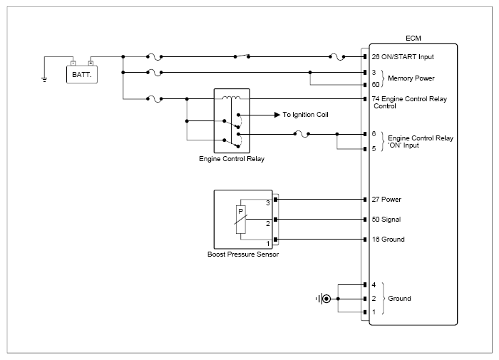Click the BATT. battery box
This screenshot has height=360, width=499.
82,74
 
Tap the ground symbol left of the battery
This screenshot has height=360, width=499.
44,79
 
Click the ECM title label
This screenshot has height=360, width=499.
413,38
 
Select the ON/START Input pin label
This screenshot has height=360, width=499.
403,56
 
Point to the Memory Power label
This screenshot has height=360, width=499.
411,78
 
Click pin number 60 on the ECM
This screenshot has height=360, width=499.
376,84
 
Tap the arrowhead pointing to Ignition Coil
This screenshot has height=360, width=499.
277,115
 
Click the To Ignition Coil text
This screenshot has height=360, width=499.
306,115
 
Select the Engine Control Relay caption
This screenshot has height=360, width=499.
232,158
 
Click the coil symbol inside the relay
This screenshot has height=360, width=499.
232,98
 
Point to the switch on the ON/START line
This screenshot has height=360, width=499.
242,56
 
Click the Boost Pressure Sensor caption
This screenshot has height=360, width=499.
243,254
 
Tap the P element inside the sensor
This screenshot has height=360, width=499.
241,220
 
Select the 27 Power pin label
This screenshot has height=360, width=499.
386,200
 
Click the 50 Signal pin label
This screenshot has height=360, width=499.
386,220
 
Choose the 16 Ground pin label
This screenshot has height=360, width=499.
389,239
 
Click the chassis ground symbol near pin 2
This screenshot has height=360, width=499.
324,299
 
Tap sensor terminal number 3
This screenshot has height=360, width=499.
268,202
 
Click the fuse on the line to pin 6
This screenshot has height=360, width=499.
302,134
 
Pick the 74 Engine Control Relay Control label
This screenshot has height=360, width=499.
409,102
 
